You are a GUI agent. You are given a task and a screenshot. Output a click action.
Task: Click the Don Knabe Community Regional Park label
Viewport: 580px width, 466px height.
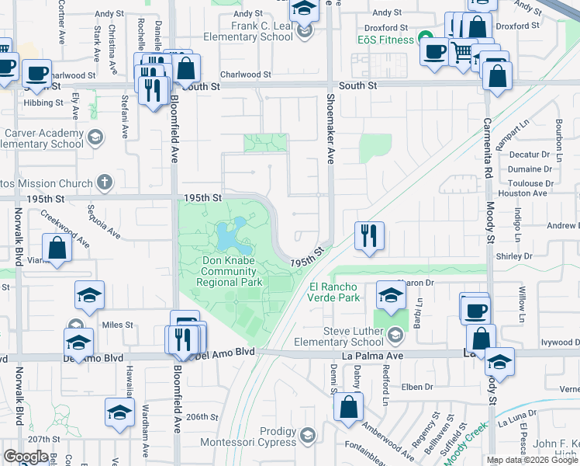[x=229, y=271]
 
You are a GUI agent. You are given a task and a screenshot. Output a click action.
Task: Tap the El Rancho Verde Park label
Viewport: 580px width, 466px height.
[x=334, y=291]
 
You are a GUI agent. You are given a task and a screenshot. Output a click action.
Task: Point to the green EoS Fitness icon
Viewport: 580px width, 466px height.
[x=425, y=37]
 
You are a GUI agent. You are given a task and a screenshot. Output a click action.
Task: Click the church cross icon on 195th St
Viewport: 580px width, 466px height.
[x=104, y=183]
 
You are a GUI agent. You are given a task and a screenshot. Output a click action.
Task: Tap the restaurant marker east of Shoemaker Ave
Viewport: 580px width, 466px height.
[x=368, y=235]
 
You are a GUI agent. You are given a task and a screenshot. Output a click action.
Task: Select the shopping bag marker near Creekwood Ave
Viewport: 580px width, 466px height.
[x=57, y=248]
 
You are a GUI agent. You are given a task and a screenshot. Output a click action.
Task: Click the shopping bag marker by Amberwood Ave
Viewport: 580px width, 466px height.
[x=350, y=407]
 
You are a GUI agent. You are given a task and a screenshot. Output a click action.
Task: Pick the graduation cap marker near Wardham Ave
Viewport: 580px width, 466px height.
[x=119, y=412]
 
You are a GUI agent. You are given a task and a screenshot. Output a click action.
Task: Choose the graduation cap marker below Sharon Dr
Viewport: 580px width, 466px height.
[x=389, y=295]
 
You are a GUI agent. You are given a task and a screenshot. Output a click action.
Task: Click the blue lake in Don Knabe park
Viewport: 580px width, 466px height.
[x=230, y=235]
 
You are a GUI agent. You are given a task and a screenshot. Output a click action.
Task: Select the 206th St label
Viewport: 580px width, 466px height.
[x=202, y=416]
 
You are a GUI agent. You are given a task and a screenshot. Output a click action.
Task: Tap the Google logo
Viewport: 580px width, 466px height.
[x=26, y=456]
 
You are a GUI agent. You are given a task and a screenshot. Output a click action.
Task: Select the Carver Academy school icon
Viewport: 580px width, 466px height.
[x=95, y=137]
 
